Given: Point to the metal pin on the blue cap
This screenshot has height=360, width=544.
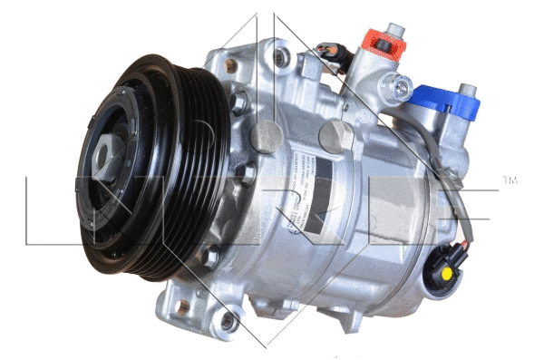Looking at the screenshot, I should click(468, 89).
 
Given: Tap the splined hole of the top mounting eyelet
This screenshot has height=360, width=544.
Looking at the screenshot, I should click(282, 57).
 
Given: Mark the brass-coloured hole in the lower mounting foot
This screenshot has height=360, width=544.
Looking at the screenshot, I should click(183, 306).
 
